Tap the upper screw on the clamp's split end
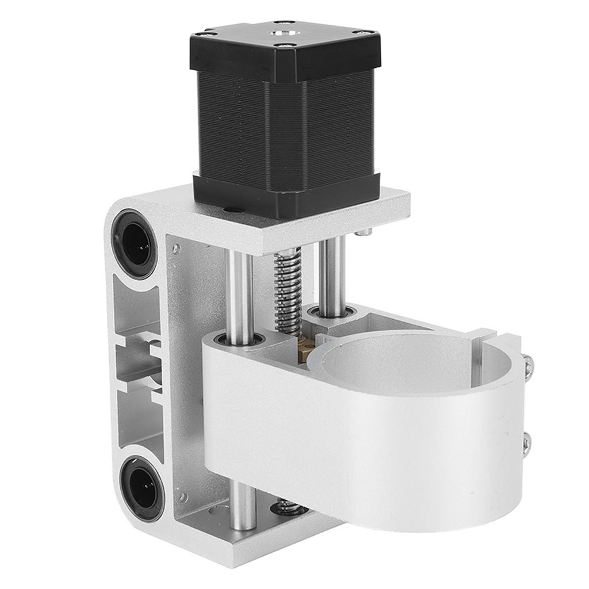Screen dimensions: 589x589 click(x=528, y=365)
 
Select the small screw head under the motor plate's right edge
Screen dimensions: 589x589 click(x=363, y=232)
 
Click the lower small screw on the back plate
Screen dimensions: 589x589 click(x=183, y=496)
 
